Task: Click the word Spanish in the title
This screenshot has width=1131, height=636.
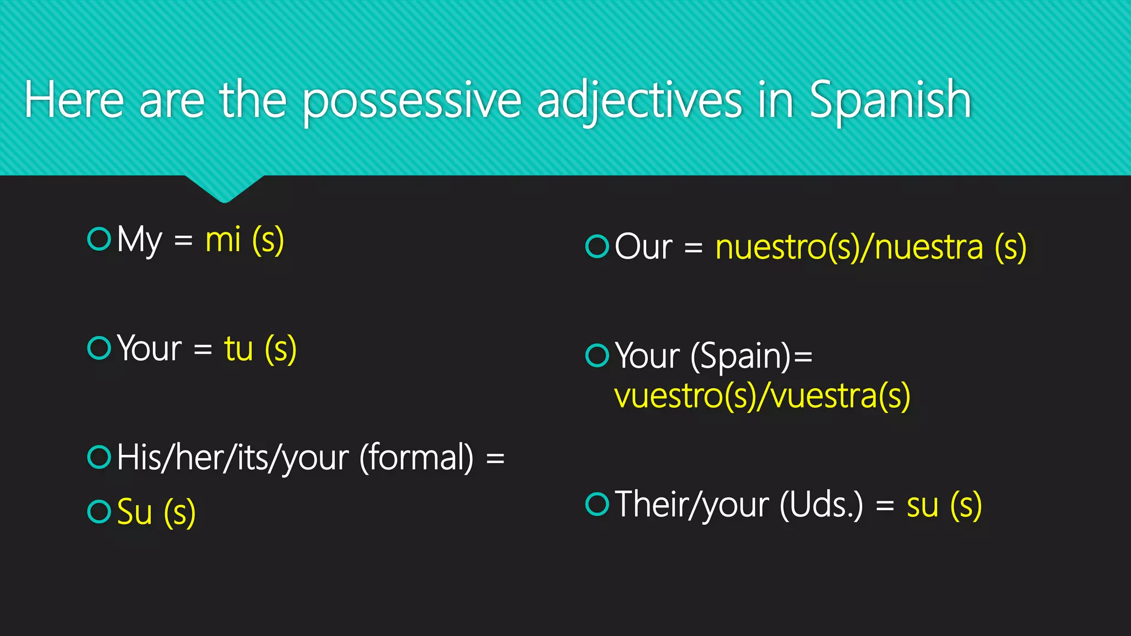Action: point(890,100)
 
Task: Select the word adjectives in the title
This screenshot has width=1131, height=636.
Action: point(640,100)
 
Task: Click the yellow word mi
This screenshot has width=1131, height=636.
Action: point(223,241)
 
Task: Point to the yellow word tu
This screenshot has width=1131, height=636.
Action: point(239,349)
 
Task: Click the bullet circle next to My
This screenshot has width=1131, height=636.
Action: point(99,239)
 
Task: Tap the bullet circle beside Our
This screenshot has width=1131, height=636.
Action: point(597,246)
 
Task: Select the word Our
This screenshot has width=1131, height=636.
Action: point(643,246)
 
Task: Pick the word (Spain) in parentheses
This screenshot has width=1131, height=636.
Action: point(741,356)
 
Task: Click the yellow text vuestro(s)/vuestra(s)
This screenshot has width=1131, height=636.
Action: point(762,396)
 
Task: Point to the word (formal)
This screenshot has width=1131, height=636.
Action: point(416,458)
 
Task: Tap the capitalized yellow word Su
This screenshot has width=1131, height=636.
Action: point(135,512)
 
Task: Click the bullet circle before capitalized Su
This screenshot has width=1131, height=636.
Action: point(99,511)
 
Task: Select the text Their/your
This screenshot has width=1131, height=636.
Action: point(692,505)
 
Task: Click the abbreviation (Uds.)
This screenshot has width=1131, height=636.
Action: point(821,505)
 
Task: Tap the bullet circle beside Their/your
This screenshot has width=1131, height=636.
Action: point(597,504)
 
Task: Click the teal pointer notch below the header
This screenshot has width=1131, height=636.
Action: point(224,188)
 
